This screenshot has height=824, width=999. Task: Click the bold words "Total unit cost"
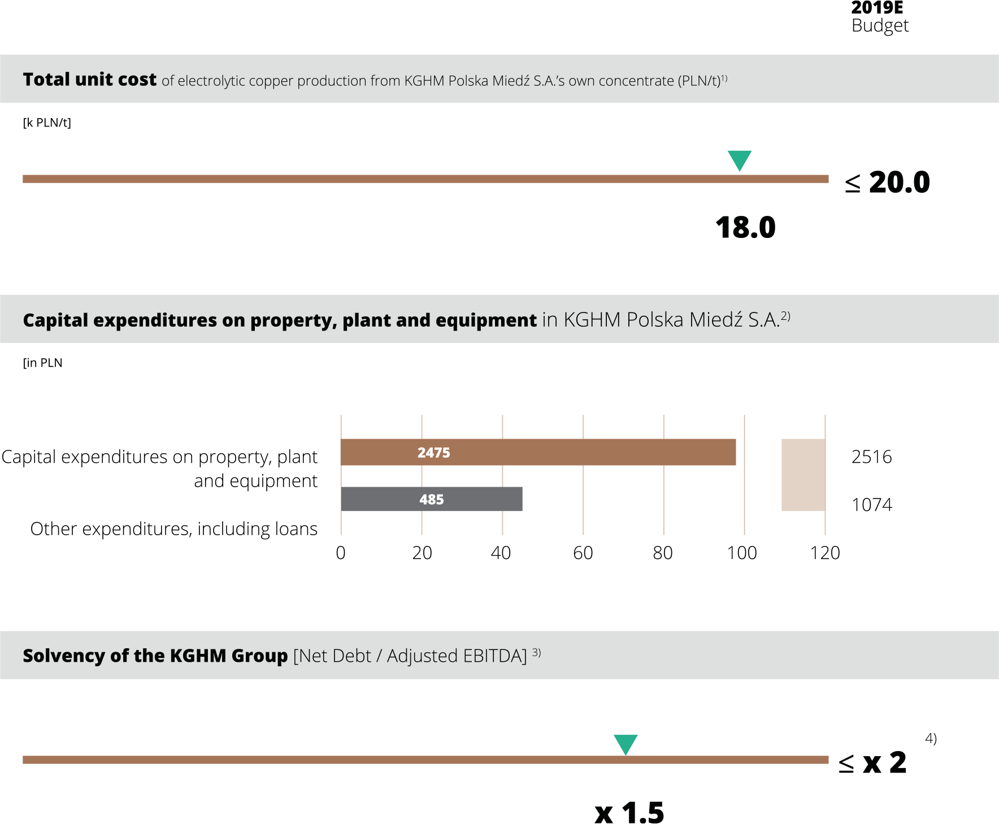pyautogui.click(x=89, y=80)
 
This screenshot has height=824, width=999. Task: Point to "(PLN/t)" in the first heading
pyautogui.click(x=700, y=81)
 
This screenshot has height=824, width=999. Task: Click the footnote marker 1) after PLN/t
pyautogui.click(x=724, y=78)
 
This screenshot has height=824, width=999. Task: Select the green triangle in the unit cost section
pyautogui.click(x=739, y=159)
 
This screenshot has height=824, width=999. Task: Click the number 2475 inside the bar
pyautogui.click(x=433, y=453)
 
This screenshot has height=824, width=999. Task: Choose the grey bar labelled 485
pyautogui.click(x=480, y=499)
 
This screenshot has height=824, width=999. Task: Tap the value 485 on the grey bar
pyautogui.click(x=431, y=500)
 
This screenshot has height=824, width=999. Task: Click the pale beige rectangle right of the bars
pyautogui.click(x=803, y=475)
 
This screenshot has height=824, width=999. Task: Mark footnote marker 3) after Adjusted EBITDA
pyautogui.click(x=536, y=652)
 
